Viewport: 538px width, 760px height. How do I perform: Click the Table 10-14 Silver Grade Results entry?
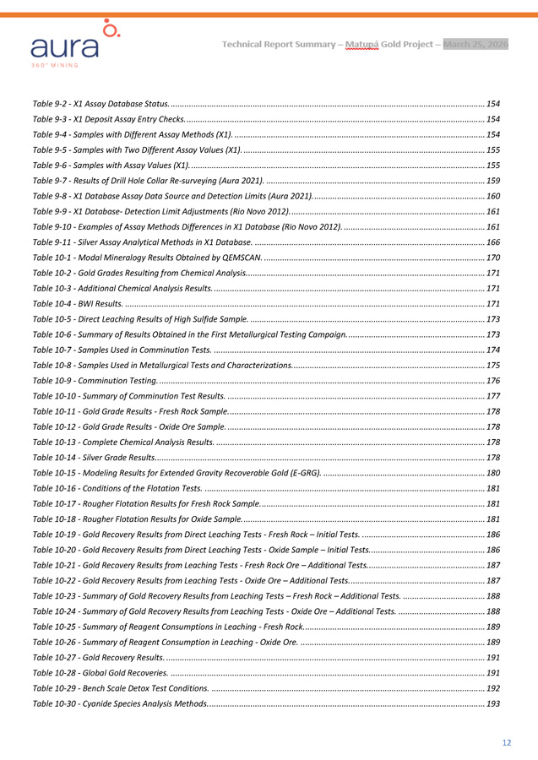click(93, 457)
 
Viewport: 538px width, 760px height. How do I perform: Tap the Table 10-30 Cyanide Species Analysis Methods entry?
click(121, 703)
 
